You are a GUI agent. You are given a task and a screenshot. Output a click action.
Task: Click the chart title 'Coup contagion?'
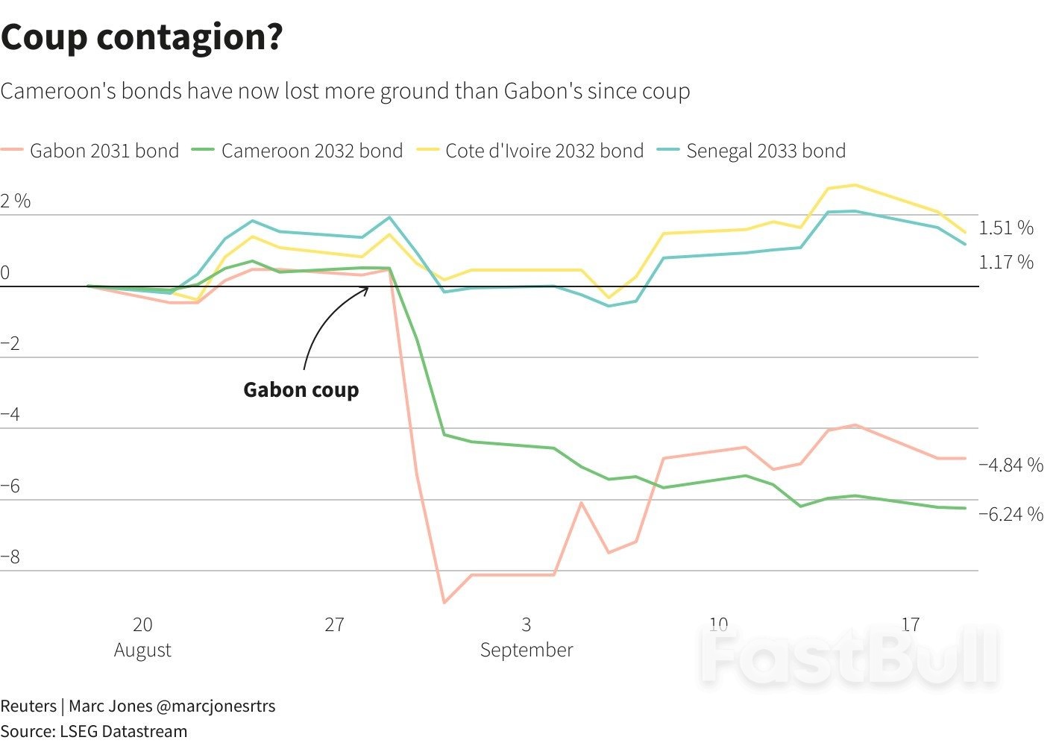tap(142, 37)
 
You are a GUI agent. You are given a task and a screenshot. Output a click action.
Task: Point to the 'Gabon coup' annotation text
tap(301, 389)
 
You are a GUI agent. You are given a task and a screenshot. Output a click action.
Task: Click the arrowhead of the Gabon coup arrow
tap(367, 288)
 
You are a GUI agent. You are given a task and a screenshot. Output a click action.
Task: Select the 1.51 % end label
tap(1006, 228)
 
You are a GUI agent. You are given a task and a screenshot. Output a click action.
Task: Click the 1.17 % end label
tap(1006, 262)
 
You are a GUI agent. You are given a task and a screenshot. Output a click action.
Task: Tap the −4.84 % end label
tap(1011, 465)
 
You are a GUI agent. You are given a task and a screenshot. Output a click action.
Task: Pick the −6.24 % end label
tap(1011, 514)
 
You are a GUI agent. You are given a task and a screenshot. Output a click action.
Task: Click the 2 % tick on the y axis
tap(16, 201)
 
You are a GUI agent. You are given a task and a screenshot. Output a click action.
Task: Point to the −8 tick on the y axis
tap(10, 557)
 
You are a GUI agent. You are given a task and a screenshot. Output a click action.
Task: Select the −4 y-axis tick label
tap(10, 415)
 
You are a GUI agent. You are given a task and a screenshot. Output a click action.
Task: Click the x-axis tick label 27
tap(334, 624)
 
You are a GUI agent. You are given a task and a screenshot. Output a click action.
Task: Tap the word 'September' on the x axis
tap(527, 650)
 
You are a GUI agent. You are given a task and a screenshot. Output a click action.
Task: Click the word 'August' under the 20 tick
tap(142, 650)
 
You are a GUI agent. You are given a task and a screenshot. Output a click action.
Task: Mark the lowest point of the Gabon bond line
tap(444, 602)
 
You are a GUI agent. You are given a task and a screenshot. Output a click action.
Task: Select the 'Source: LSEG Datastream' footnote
tap(94, 731)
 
